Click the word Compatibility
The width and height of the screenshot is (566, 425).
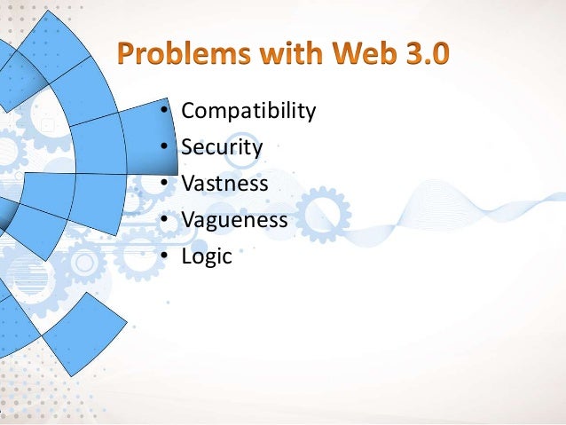[x=248, y=112]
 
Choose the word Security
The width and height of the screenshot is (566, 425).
[x=221, y=147]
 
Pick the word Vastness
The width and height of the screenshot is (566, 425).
[x=224, y=184]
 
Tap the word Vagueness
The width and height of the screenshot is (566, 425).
[x=234, y=220]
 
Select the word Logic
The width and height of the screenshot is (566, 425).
[x=206, y=256]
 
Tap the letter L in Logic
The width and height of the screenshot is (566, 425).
[x=186, y=256]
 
